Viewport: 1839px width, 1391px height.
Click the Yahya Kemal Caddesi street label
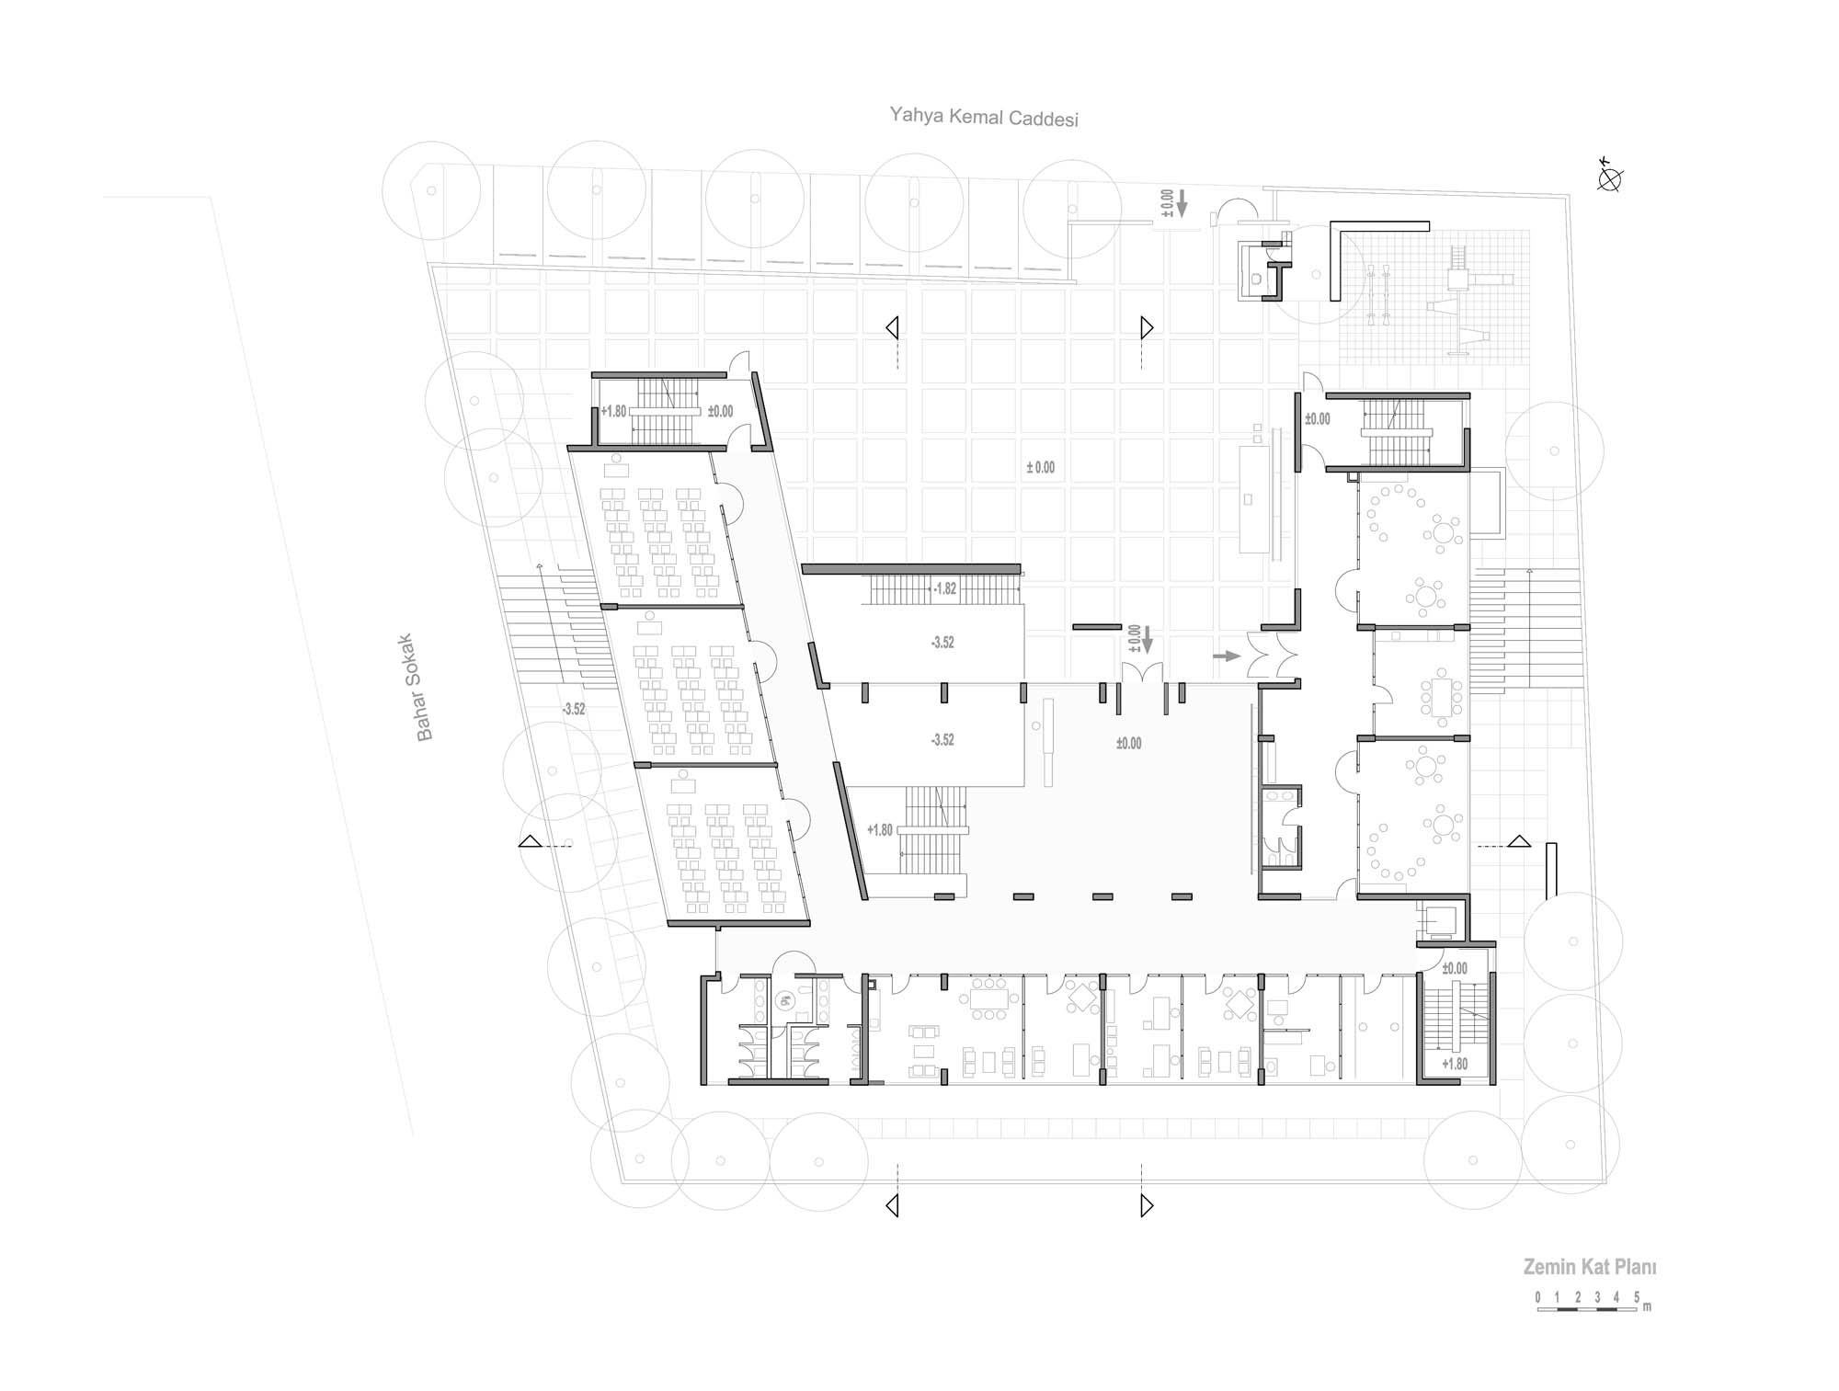tap(983, 117)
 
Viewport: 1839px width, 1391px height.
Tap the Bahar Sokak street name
tap(424, 686)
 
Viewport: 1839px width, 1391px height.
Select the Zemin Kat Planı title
tap(1590, 1267)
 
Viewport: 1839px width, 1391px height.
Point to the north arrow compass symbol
tap(1609, 178)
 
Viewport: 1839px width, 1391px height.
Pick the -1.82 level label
tap(944, 588)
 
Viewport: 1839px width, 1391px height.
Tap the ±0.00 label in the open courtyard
tap(1041, 468)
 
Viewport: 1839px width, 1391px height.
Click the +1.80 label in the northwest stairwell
tap(613, 411)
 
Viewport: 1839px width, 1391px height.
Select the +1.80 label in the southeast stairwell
tap(1456, 1064)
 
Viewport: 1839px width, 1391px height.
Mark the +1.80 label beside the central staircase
tap(880, 830)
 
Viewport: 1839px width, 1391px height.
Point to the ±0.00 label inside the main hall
tap(1128, 743)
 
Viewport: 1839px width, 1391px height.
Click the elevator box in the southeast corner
tap(1438, 920)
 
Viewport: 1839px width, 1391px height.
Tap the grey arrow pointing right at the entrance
tap(1227, 656)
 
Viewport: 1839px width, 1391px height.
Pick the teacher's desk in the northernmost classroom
tap(616, 470)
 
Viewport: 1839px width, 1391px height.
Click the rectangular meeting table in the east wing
tap(1441, 697)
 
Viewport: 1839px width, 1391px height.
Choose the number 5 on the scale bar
tap(1638, 1296)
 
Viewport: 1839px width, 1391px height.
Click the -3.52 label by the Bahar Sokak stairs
tap(574, 709)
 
